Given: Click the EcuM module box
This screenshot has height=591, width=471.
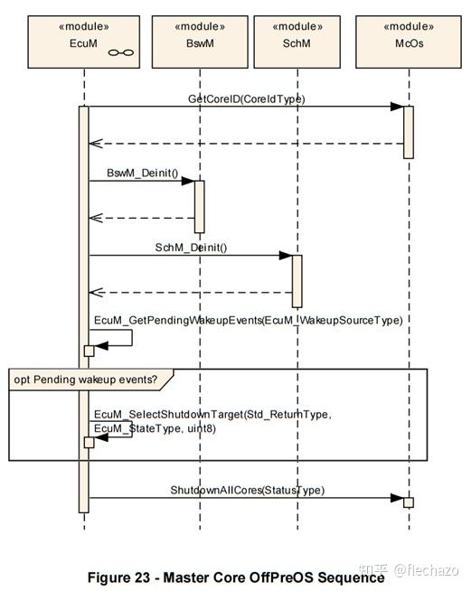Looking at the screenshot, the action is pos(84,42).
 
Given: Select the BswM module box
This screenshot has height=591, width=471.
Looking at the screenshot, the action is pos(200,42).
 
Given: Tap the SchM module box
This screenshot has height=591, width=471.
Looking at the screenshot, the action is pos(297,42).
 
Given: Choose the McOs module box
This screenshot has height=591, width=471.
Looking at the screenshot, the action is pos(409,42).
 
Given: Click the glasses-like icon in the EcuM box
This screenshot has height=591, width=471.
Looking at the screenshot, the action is pos(120,52).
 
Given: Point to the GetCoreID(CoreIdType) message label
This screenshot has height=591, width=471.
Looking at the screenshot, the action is pos(246,98).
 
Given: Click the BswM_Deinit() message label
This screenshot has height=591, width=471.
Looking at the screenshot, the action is pos(143,173).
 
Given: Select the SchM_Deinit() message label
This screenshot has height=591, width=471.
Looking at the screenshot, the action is pos(191,248).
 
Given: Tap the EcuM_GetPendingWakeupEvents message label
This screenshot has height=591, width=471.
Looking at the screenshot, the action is pos(248,321).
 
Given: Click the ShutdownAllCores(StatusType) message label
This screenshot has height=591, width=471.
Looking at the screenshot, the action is pos(248,490).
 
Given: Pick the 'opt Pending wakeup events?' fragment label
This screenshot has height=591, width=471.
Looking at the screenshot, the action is pos(86,380).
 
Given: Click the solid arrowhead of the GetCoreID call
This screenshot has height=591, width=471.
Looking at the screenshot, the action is pos(397,107).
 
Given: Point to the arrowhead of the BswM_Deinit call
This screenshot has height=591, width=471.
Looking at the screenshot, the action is pos(188,181).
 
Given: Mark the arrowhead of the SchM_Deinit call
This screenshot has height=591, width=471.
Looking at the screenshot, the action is pos(286,256).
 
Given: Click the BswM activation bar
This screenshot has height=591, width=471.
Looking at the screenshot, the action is pos(200,207).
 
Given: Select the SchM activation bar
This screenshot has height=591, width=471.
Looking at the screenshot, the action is pos(297,281).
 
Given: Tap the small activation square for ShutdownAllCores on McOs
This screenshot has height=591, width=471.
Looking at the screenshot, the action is pos(409,502).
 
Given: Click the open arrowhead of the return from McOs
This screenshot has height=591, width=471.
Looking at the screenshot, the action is pos(96,144).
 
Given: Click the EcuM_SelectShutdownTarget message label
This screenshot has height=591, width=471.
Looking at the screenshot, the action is pos(212,421).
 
